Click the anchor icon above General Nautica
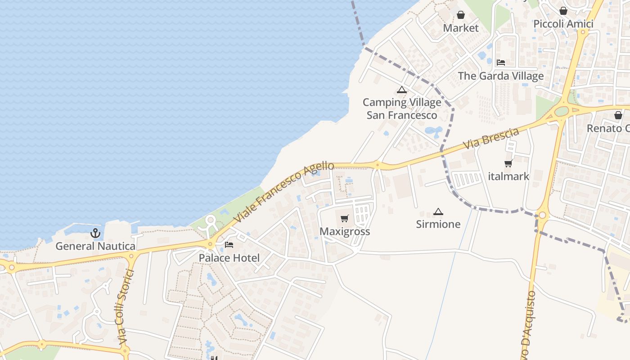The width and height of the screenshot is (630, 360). tap(95, 233)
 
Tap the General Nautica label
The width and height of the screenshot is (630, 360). tap(95, 246)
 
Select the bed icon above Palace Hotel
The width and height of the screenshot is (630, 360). tap(229, 245)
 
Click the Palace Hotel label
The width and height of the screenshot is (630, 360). tap(229, 258)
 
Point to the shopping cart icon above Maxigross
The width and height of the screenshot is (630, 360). tap(345, 219)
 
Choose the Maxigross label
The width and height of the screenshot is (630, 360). tap(345, 231)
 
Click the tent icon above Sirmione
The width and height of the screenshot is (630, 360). tap(438, 211)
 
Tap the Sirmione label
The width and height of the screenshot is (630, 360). tap(438, 224)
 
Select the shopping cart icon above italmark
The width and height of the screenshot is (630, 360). tap(508, 164)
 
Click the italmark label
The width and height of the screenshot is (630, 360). tap(508, 176)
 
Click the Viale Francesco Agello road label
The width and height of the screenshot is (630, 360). tap(284, 192)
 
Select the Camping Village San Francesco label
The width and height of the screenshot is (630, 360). tap(402, 109)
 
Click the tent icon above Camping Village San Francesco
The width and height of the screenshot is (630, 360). tap(402, 90)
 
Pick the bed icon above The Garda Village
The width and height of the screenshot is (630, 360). tap(501, 63)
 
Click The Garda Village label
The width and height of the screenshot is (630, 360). tap(501, 76)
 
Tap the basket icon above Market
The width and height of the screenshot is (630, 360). tap(461, 15)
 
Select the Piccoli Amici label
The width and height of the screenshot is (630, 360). tap(563, 24)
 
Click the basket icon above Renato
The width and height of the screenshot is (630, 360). tap(618, 116)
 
